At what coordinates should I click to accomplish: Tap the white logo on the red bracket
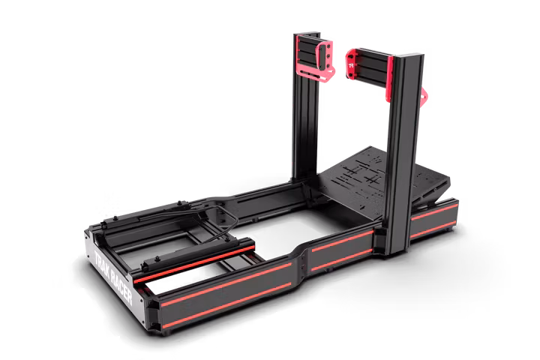[351, 66]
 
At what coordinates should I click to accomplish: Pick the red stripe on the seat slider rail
[194, 262]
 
